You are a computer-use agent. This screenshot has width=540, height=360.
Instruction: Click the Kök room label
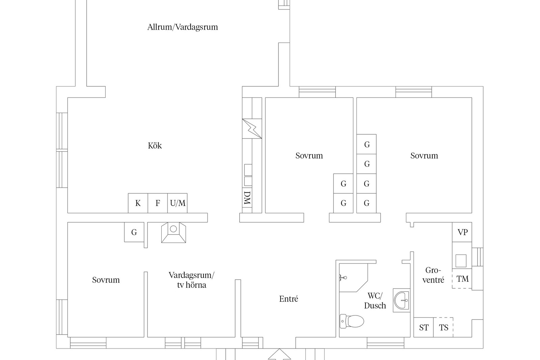coord(155,145)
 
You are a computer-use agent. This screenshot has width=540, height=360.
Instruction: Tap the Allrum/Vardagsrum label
coord(183,27)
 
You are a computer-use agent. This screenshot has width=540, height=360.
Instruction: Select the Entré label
coord(289,299)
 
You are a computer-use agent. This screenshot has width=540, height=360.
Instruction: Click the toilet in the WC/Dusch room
coord(352,321)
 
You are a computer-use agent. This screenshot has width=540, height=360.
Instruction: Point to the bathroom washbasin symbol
coord(401,300)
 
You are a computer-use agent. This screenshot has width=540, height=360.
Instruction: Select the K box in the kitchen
coord(138,203)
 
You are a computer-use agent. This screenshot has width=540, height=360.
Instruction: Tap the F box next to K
coord(158,203)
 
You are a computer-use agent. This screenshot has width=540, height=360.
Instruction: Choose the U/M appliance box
coord(178,203)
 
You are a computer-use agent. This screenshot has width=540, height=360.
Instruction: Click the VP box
coord(462,232)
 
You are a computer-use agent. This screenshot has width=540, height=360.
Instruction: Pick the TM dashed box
coord(462,279)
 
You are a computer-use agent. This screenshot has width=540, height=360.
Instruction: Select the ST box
coord(424,327)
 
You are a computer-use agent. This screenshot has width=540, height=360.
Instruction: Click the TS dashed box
coord(443,327)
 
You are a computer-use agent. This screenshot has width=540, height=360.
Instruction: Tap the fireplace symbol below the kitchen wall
coord(173,232)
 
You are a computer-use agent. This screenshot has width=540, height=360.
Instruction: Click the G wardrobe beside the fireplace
coord(134,232)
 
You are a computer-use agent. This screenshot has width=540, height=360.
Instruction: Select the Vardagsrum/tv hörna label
coord(191,280)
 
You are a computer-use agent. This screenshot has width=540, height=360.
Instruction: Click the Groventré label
coord(433,275)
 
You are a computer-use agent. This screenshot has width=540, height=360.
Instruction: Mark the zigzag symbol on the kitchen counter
coord(252,129)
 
